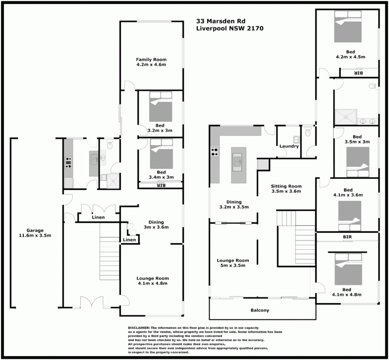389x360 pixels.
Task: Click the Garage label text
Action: click(35, 230)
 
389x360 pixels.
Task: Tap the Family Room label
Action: click(151, 59)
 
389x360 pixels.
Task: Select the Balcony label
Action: click(260, 310)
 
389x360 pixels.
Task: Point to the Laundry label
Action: click(289, 146)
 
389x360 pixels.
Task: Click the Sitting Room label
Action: click(286, 186)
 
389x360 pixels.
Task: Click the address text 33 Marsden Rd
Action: click(221, 21)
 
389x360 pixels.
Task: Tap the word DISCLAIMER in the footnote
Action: click(139, 328)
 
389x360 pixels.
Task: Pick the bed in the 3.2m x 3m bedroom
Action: click(160, 106)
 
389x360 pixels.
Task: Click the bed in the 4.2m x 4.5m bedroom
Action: click(348, 27)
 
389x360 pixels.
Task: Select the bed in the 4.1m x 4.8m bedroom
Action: click(348, 269)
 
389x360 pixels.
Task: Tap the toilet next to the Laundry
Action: click(308, 132)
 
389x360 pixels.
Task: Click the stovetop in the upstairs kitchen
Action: click(214, 151)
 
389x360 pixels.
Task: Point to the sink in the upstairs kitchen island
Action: click(237, 162)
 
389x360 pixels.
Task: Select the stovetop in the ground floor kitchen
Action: click(69, 162)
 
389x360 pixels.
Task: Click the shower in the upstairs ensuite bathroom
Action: click(346, 117)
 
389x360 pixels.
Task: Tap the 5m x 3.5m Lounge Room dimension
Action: click(233, 265)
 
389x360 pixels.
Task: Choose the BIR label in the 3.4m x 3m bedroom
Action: click(161, 185)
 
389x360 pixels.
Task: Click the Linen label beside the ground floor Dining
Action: click(129, 240)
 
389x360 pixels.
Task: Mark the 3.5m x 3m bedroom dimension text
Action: click(357, 141)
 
